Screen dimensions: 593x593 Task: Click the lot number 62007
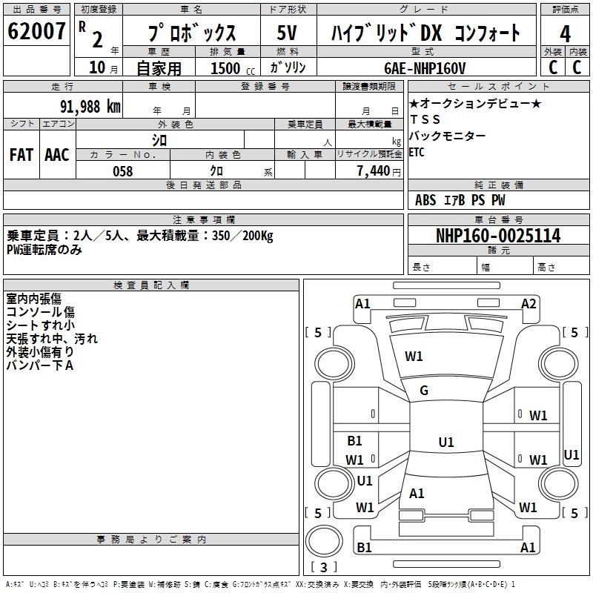(x=36, y=32)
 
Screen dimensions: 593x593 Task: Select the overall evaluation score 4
(x=566, y=33)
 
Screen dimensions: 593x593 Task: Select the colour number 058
(x=122, y=171)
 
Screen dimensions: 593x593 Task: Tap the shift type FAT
(x=21, y=154)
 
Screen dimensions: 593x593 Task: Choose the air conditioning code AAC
(x=56, y=154)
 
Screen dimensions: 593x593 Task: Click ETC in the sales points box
(x=417, y=153)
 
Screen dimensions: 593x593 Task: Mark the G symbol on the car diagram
(x=424, y=391)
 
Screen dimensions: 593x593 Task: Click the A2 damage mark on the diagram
(x=529, y=304)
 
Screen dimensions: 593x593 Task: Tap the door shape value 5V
(x=288, y=33)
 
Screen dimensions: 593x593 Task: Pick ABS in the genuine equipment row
(x=425, y=200)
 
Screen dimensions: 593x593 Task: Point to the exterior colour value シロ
(x=159, y=139)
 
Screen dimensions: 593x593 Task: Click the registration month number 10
(x=96, y=68)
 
